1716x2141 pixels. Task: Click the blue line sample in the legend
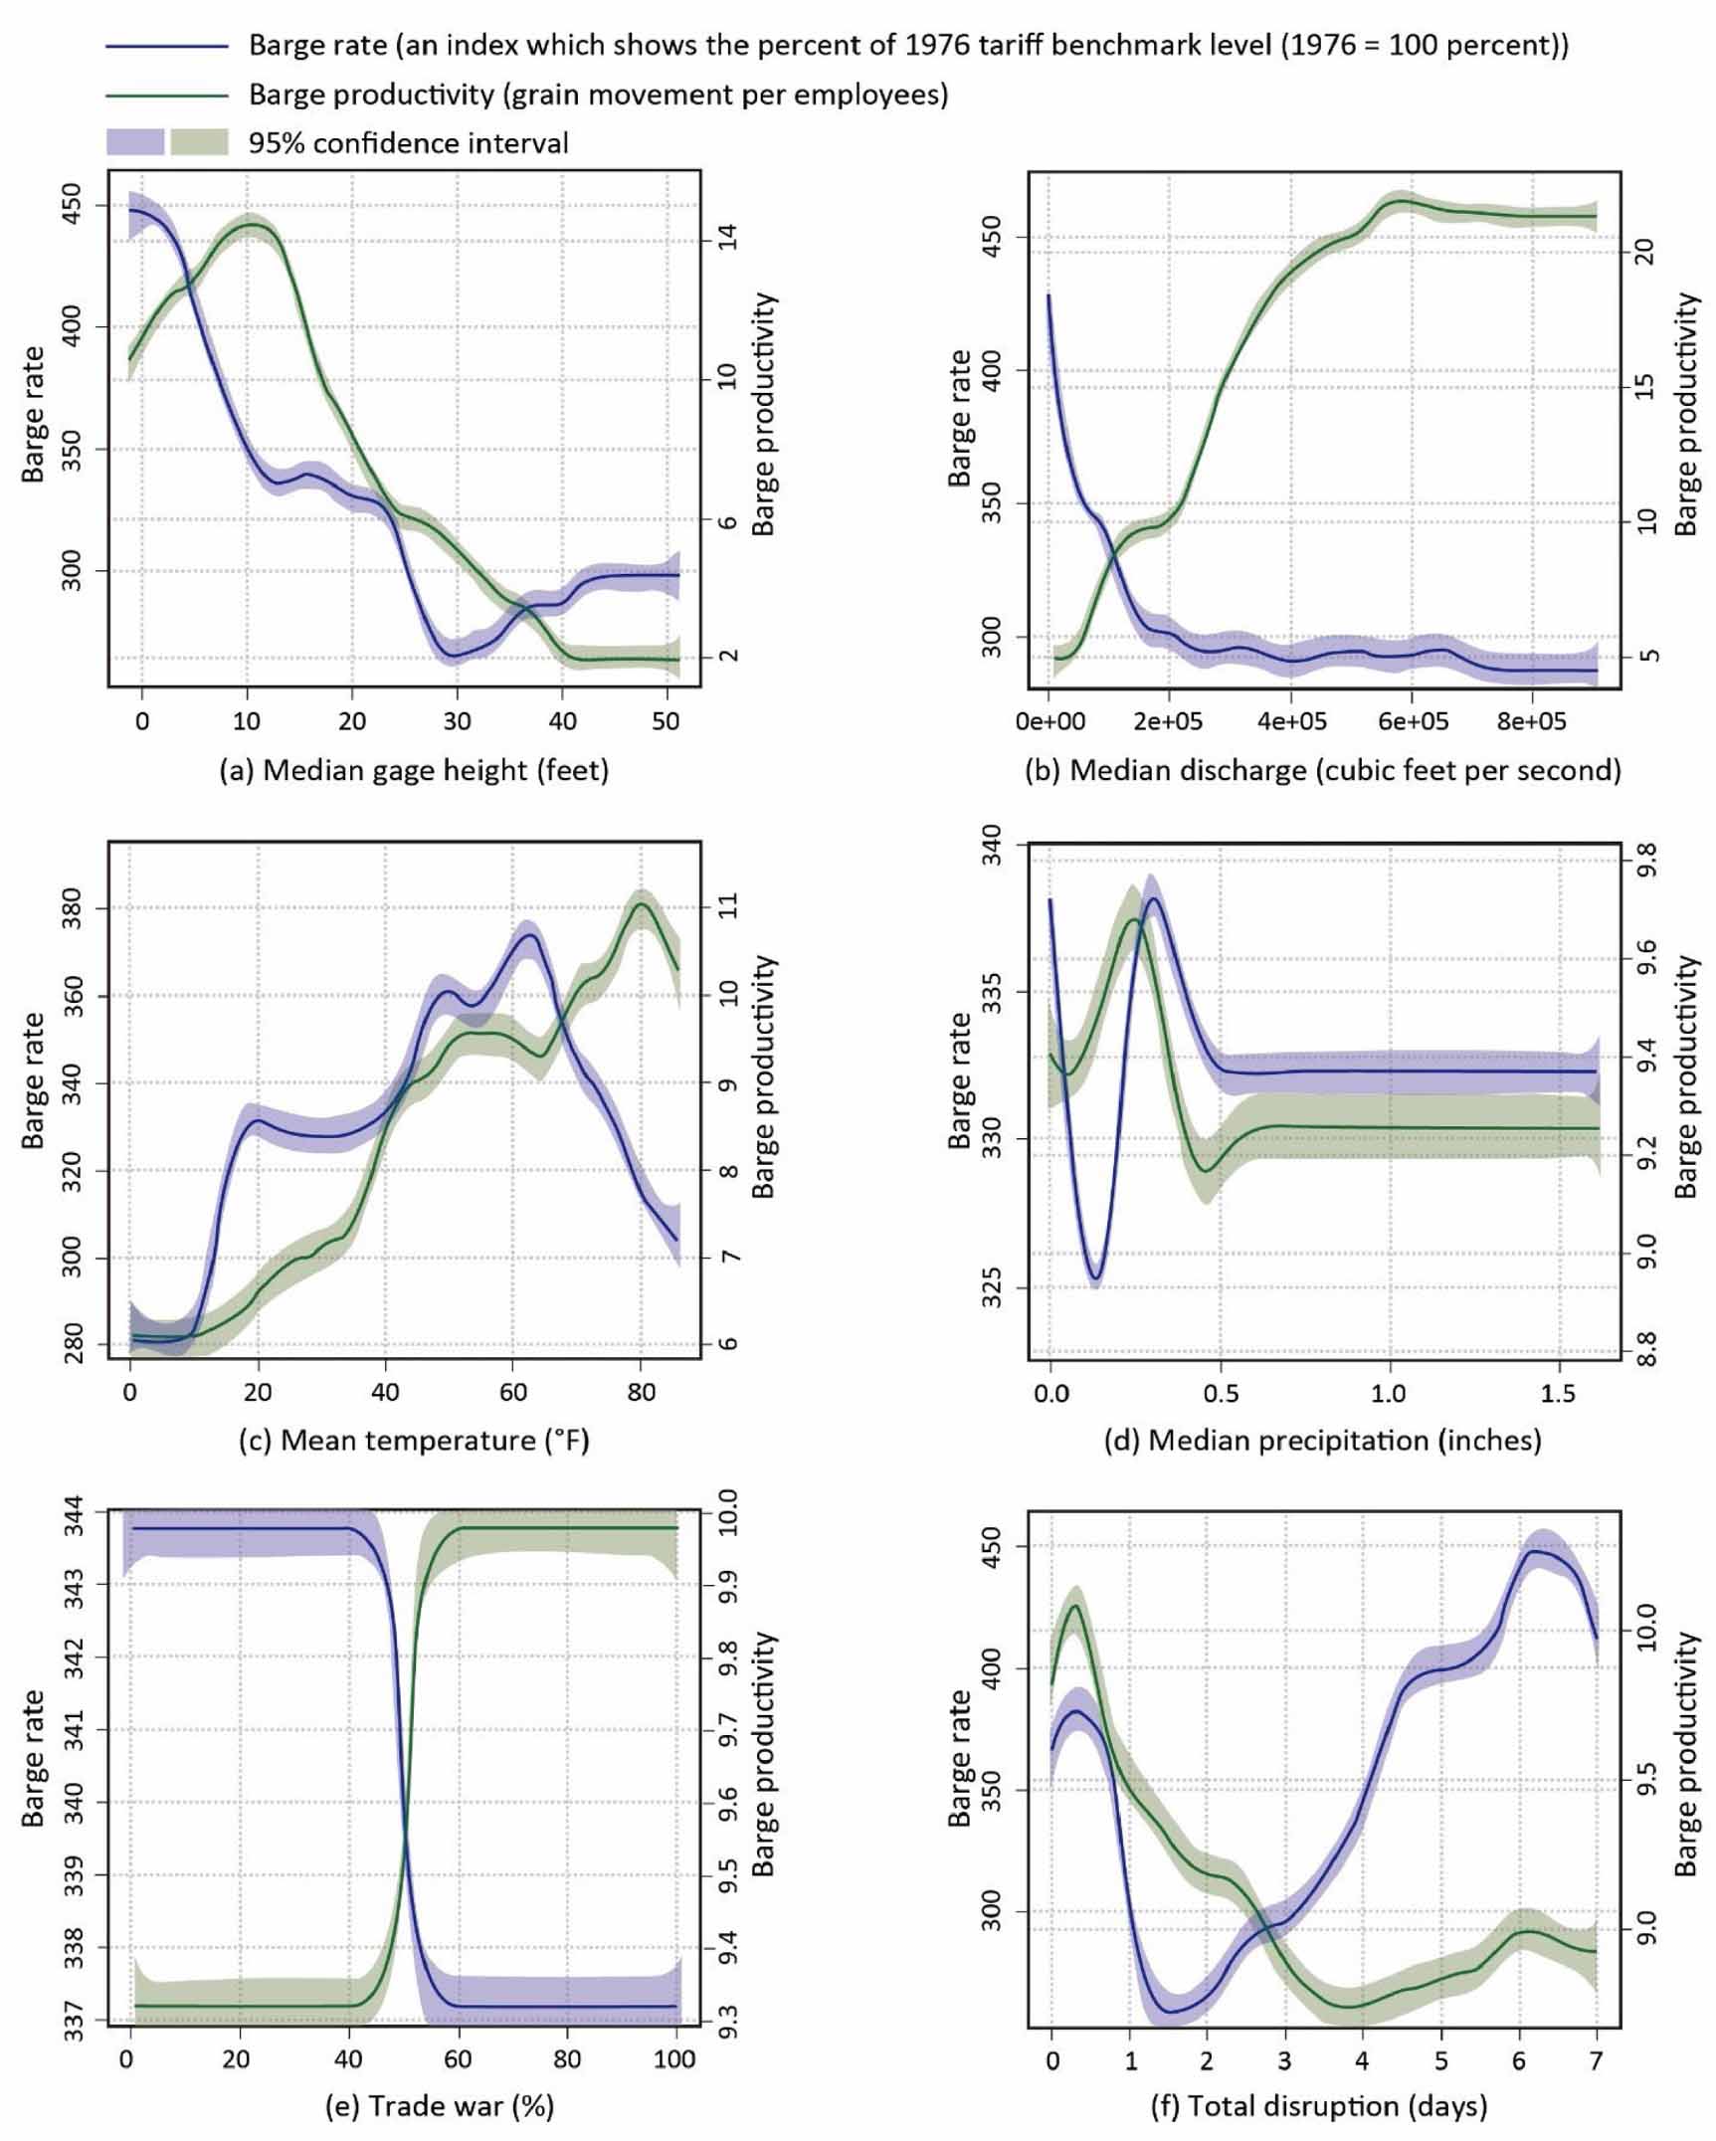pos(167,46)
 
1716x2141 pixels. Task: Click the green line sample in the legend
pos(167,96)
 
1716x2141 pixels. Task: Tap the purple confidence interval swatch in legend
pos(135,143)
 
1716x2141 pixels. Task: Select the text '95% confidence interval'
pos(408,143)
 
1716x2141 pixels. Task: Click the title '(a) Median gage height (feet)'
pos(414,770)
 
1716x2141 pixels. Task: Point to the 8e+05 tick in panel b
pos(1532,720)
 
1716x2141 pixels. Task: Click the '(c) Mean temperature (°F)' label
pos(414,1440)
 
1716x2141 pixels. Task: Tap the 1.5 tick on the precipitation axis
pos(1559,1392)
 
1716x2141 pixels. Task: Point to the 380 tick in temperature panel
pos(74,908)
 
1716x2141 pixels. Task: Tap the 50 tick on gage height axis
pos(667,720)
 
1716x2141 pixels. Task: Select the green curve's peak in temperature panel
pos(641,903)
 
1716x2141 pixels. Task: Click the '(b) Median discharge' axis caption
pos(1322,770)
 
